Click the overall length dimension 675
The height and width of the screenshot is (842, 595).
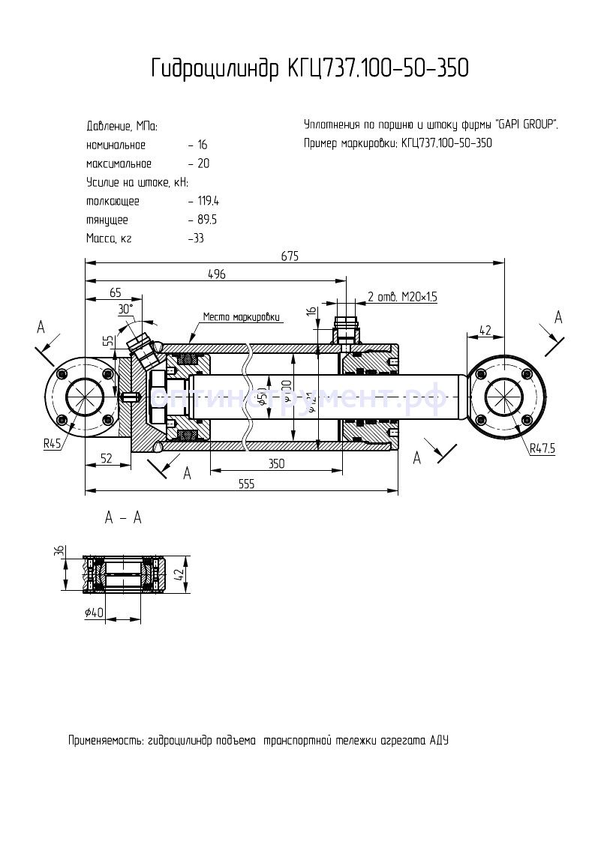pos(290,256)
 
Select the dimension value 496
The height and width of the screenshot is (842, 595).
pos(216,274)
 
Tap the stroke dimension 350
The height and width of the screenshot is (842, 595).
pos(276,464)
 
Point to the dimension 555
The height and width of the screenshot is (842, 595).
pos(246,484)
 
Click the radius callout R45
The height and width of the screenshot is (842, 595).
pos(53,443)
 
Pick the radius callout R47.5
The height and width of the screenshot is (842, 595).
pos(542,449)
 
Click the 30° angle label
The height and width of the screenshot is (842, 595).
pos(125,308)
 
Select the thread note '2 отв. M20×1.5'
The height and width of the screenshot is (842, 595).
pos(402,297)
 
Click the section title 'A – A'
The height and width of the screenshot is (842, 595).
pos(122,518)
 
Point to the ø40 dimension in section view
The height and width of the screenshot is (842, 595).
pos(95,613)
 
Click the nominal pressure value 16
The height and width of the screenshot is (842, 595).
pos(202,145)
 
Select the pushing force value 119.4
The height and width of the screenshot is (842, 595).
pos(206,201)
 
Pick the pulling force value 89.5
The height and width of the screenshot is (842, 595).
pos(206,220)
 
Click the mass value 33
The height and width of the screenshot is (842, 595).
pos(197,238)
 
